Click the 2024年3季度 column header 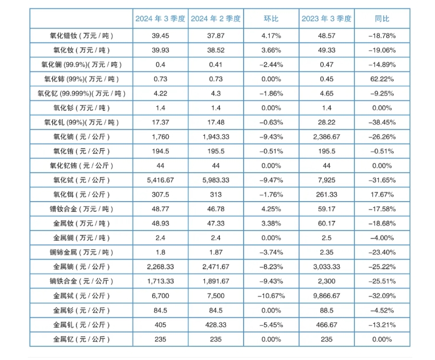(x=160, y=19)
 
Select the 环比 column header (x=271, y=19)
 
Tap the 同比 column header (x=382, y=19)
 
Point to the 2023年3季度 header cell (x=327, y=19)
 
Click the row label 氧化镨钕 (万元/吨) (x=81, y=36)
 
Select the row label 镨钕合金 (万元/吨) (x=81, y=209)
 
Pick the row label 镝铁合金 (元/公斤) (x=81, y=281)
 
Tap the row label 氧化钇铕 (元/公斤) (x=81, y=166)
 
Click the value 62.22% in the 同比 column (x=382, y=79)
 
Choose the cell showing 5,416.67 (x=160, y=180)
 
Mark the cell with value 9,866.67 (x=327, y=296)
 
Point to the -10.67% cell (x=271, y=296)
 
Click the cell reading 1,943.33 (x=215, y=137)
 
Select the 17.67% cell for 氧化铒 (x=382, y=195)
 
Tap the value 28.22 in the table (x=327, y=122)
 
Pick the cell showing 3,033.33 (x=327, y=267)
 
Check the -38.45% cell (x=382, y=122)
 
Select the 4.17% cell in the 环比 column (x=271, y=36)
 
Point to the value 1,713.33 (x=160, y=281)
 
